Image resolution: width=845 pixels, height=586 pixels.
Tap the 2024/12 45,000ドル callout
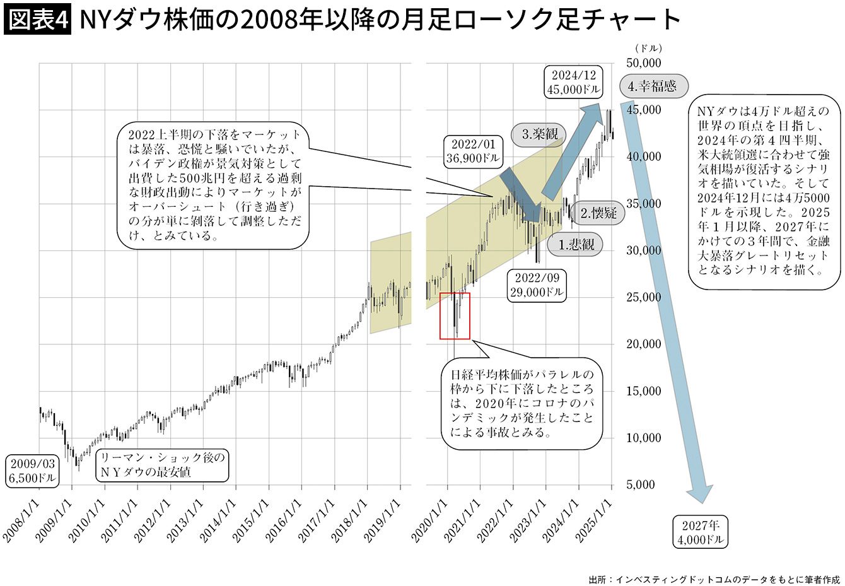(573, 81)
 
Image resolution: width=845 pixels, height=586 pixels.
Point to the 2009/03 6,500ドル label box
(32, 471)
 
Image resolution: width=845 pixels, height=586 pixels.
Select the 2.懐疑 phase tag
(598, 213)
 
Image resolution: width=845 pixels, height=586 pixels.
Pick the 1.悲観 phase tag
(574, 245)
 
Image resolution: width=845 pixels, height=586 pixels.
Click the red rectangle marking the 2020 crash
(455, 316)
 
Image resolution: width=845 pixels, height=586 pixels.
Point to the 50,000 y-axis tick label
(643, 63)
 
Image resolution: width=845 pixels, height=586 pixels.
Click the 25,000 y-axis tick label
(643, 297)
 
